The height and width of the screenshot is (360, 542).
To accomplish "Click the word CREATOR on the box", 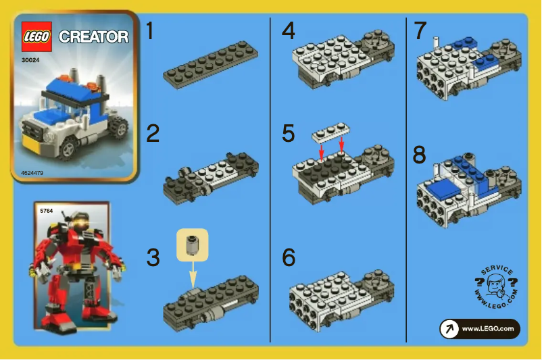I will pyautogui.click(x=93, y=36).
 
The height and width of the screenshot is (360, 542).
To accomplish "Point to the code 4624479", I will pyautogui.click(x=34, y=173).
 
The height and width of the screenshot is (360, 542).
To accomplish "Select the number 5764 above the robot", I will pyautogui.click(x=47, y=211).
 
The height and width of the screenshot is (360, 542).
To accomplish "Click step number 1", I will pyautogui.click(x=153, y=32).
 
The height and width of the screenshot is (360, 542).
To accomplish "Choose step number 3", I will pyautogui.click(x=153, y=257).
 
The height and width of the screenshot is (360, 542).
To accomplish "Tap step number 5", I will pyautogui.click(x=289, y=133).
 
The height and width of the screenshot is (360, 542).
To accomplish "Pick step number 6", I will pyautogui.click(x=289, y=257).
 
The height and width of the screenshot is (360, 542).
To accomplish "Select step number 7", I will pyautogui.click(x=420, y=31).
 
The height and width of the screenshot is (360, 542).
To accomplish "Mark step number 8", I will pyautogui.click(x=420, y=155).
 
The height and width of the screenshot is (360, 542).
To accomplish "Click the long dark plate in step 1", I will pyautogui.click(x=210, y=63).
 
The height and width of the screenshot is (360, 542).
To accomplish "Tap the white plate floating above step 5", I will pyautogui.click(x=332, y=134).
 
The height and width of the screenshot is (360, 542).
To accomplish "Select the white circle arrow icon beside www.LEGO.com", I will pyautogui.click(x=449, y=329).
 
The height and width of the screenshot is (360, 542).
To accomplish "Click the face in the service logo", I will pyautogui.click(x=495, y=284).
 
